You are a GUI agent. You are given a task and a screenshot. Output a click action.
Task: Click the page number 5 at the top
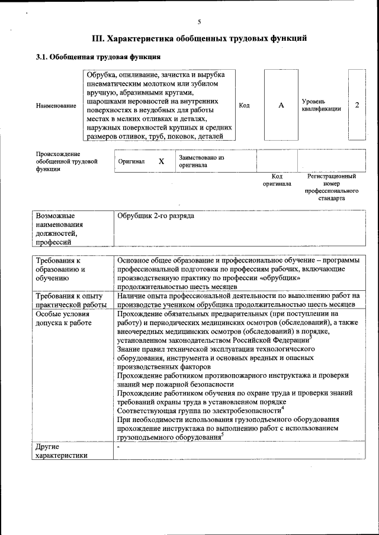tap(199, 22)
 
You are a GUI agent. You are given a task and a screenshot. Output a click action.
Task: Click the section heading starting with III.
tap(199, 39)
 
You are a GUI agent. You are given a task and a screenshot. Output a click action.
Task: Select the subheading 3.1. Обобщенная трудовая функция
tap(98, 57)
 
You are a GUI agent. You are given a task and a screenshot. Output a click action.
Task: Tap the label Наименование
tap(56, 105)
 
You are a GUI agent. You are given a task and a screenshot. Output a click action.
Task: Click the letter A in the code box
tap(281, 105)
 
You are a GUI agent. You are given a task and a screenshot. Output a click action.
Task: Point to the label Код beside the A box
tap(244, 105)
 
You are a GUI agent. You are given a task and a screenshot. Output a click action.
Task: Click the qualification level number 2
tap(357, 105)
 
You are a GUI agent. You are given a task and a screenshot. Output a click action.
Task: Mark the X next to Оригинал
tap(161, 161)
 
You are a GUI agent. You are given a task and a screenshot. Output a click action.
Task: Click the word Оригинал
tap(131, 161)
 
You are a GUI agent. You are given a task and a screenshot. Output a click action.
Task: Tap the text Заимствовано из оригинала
tap(202, 161)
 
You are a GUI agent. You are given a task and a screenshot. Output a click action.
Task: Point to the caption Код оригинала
tap(277, 180)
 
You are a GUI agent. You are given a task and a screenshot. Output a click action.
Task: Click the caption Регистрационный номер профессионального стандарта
tap(332, 187)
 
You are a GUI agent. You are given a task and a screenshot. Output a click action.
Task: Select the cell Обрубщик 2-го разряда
tap(156, 216)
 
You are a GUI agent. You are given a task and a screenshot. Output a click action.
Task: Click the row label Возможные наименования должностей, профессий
tap(59, 229)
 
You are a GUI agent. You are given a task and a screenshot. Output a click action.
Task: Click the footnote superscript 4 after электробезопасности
tap(282, 407)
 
